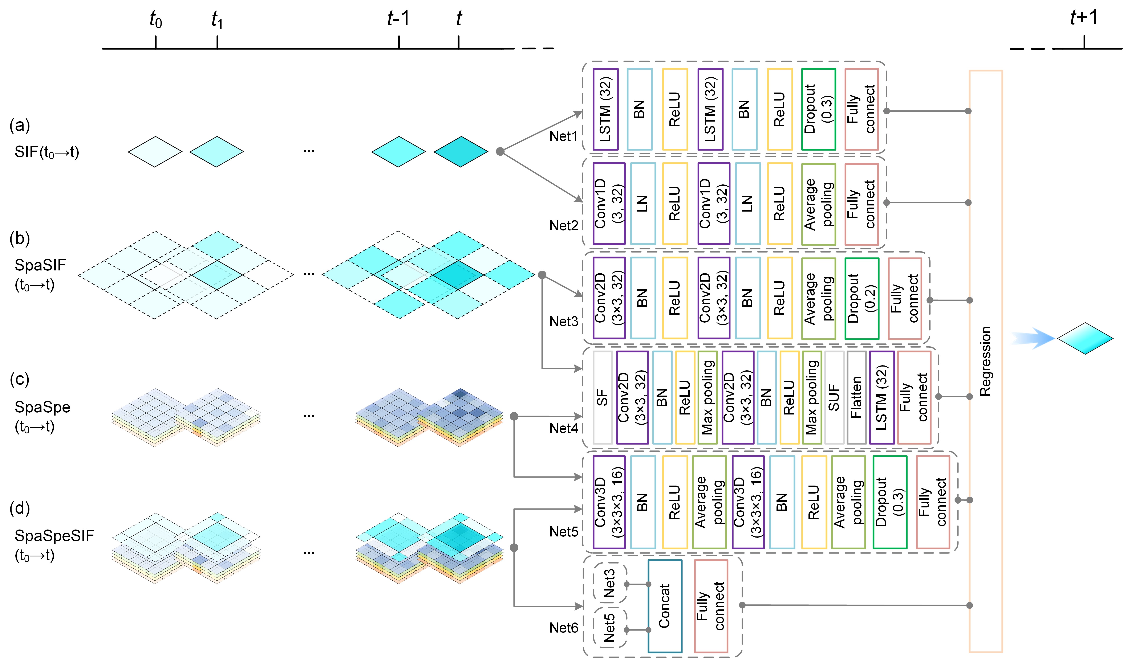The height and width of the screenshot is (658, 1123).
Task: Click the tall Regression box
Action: [986, 361]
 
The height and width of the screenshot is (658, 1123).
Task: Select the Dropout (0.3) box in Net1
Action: [818, 109]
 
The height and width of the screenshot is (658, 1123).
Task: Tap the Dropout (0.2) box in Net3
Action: [861, 298]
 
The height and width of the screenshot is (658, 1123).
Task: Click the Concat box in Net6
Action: [664, 606]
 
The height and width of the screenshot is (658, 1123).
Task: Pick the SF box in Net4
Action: [603, 397]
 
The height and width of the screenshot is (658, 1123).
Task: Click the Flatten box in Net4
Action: [856, 397]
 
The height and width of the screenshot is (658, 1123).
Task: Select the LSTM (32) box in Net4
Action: [881, 397]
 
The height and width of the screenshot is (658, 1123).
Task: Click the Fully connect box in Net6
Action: [711, 606]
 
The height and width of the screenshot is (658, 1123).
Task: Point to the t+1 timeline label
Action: [1084, 18]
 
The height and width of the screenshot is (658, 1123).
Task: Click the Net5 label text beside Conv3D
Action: [563, 531]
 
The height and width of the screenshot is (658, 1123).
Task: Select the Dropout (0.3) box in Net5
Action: [889, 502]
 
